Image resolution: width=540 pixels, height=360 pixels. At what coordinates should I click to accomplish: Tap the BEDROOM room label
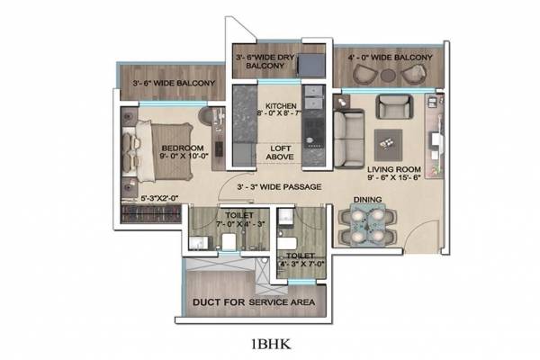click(182, 148)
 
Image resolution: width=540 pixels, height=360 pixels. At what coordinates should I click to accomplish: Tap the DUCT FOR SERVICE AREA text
click(253, 302)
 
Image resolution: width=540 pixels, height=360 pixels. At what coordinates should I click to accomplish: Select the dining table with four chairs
click(366, 225)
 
